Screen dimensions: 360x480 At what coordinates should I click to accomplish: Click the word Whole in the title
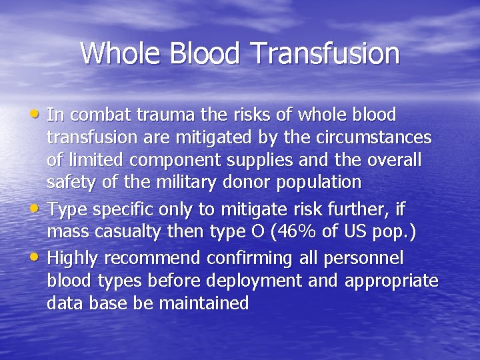(117, 53)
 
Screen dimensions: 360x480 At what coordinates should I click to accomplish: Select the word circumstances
(381, 138)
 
